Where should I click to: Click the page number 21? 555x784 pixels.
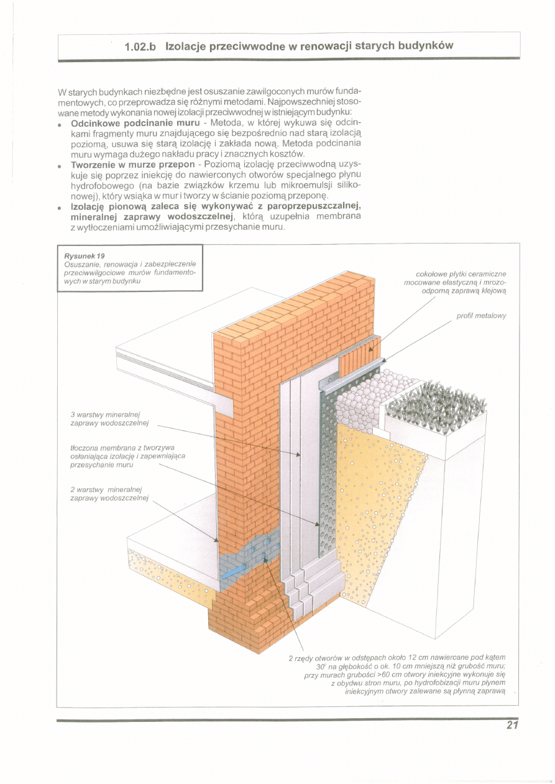point(511,725)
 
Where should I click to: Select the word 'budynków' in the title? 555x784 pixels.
point(426,46)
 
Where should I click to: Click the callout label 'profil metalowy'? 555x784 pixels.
point(481,316)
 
